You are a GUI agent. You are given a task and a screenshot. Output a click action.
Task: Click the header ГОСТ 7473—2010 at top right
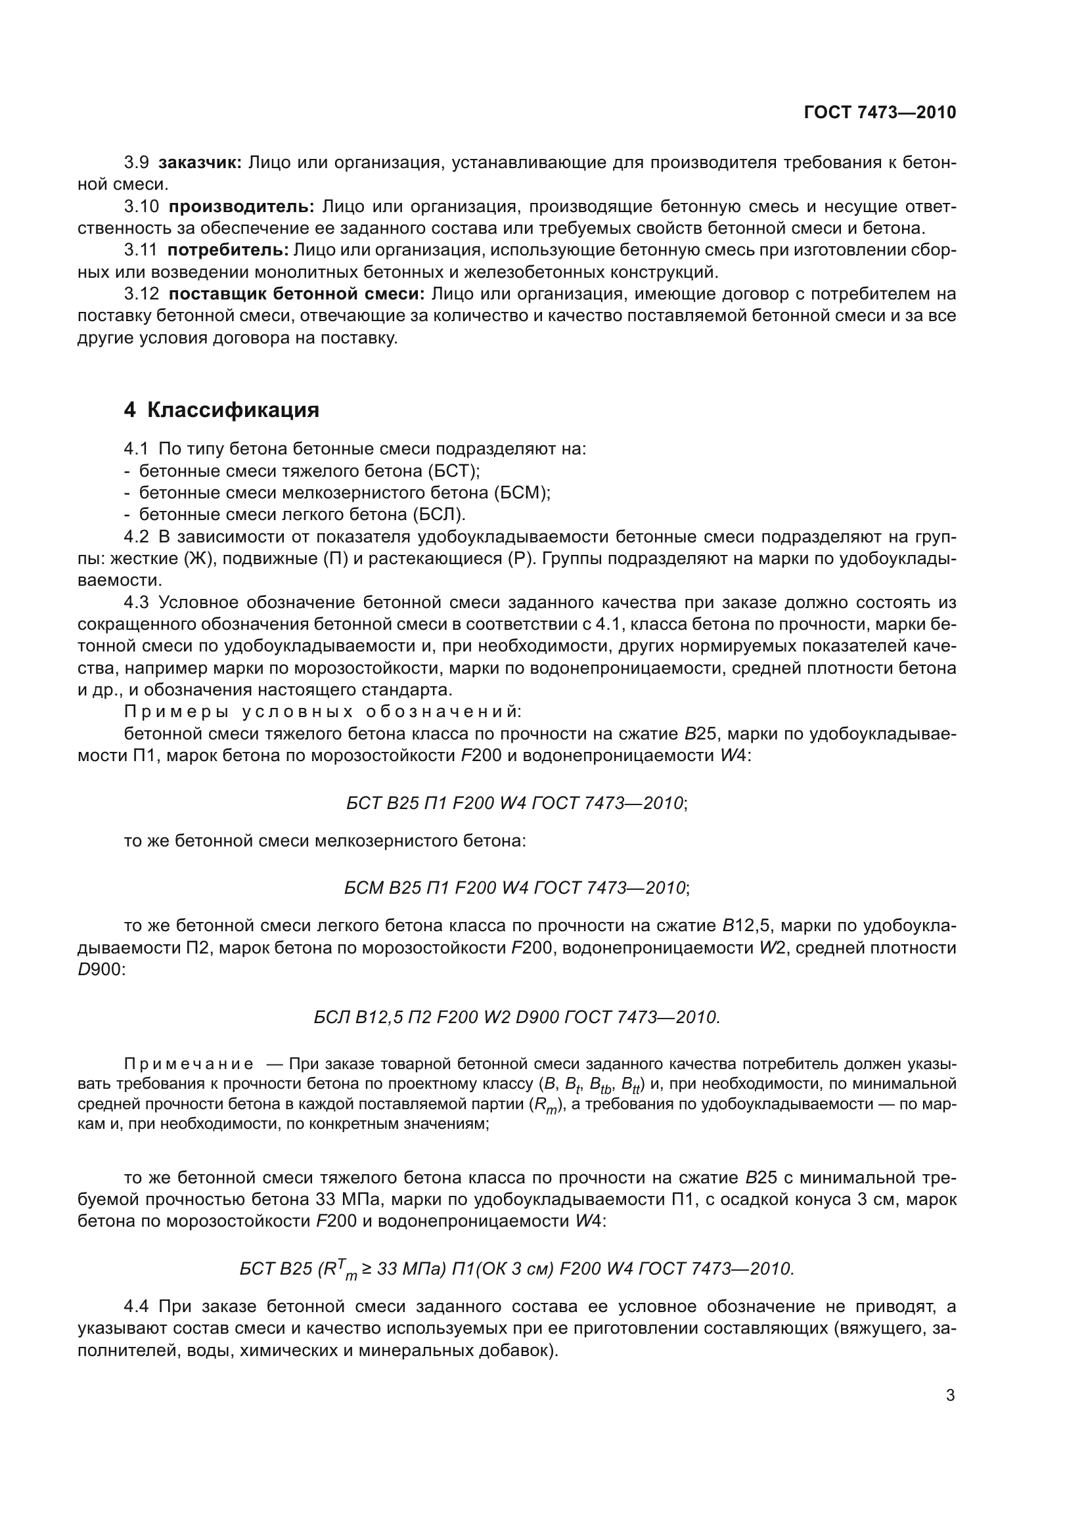879,112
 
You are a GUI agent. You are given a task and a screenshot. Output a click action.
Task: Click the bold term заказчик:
200,163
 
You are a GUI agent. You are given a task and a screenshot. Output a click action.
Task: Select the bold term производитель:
241,207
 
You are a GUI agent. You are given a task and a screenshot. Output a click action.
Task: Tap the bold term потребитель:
227,250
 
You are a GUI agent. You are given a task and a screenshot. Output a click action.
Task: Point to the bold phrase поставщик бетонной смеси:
296,294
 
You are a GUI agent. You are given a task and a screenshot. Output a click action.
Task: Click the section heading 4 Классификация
221,410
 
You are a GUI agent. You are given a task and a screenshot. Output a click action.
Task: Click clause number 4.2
136,537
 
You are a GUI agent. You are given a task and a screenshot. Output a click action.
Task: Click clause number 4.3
136,602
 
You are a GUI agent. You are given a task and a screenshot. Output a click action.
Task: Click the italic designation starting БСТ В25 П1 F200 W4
515,802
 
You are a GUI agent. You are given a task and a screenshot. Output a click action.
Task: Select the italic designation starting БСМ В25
515,888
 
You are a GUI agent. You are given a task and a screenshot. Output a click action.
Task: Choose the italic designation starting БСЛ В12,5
516,1017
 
